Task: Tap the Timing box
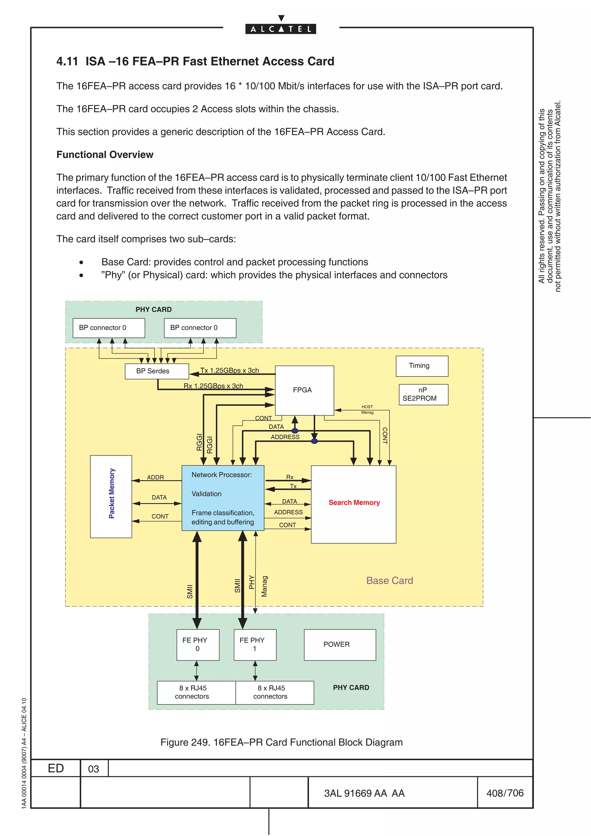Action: coord(422,366)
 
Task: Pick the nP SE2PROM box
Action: coord(423,394)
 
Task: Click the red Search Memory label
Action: coord(354,503)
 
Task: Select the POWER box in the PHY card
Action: coord(339,644)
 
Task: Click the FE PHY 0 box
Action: coord(198,644)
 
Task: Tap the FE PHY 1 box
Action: coord(255,644)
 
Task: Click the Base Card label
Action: coord(389,580)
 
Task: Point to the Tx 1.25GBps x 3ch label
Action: coord(229,370)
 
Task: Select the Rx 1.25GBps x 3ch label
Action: coord(213,386)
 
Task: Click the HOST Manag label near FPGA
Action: coord(367,410)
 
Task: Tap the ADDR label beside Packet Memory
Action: coord(155,477)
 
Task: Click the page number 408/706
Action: coord(505,793)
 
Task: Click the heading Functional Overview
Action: coord(105,155)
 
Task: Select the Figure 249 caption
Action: coord(281,743)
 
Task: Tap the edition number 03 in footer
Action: coord(93,769)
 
